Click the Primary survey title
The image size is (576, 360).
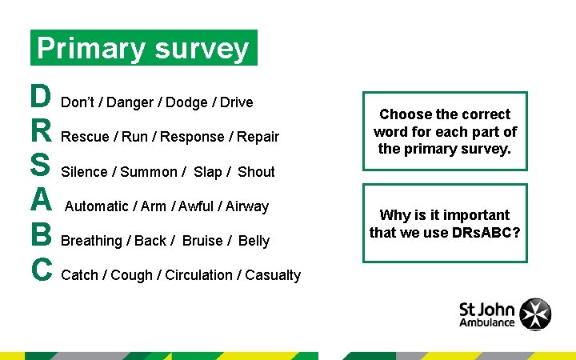click(x=143, y=48)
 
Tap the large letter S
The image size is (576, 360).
click(x=39, y=167)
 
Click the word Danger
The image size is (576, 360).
click(x=130, y=102)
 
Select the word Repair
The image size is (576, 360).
click(x=258, y=137)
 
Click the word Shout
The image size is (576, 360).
click(x=256, y=172)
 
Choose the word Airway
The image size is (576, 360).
click(x=247, y=206)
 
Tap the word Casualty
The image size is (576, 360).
click(x=273, y=275)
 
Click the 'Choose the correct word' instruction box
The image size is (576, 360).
click(x=445, y=131)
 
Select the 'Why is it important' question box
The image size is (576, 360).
click(x=445, y=224)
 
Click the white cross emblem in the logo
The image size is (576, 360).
click(x=534, y=314)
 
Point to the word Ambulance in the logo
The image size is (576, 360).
click(x=486, y=322)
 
